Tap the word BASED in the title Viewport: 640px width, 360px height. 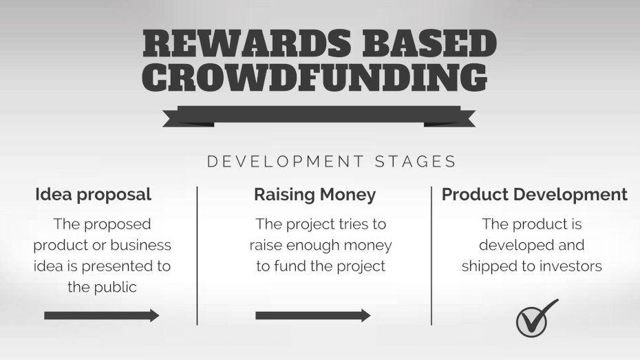pos(429,43)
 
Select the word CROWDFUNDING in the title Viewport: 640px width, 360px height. pos(314,78)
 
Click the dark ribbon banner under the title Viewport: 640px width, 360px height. pos(319,116)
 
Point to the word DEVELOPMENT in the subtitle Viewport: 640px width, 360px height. pos(286,162)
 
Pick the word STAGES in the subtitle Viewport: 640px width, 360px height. pos(415,162)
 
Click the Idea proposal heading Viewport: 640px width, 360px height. pos(93,195)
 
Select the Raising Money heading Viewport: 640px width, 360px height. pos(314,195)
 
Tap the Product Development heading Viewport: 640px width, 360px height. pos(534,194)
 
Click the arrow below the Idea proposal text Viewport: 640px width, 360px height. pos(102,315)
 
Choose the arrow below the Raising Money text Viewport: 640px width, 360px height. pos(313,315)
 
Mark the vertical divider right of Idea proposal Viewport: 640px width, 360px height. pos(197,256)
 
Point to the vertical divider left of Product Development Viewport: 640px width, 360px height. pos(431,256)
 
